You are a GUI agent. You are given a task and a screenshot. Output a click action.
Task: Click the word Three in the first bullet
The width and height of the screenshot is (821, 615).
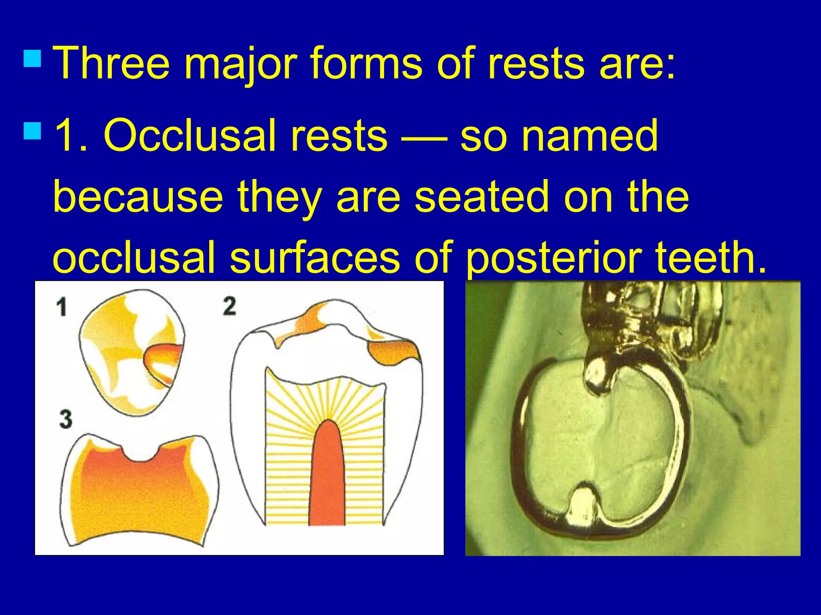[111, 63]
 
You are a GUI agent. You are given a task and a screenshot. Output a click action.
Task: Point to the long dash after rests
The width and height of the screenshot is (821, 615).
[424, 138]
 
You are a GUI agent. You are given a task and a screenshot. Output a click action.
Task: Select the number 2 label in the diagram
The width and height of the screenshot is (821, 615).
[229, 306]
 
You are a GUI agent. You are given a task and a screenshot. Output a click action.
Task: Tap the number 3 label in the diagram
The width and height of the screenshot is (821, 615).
[65, 419]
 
